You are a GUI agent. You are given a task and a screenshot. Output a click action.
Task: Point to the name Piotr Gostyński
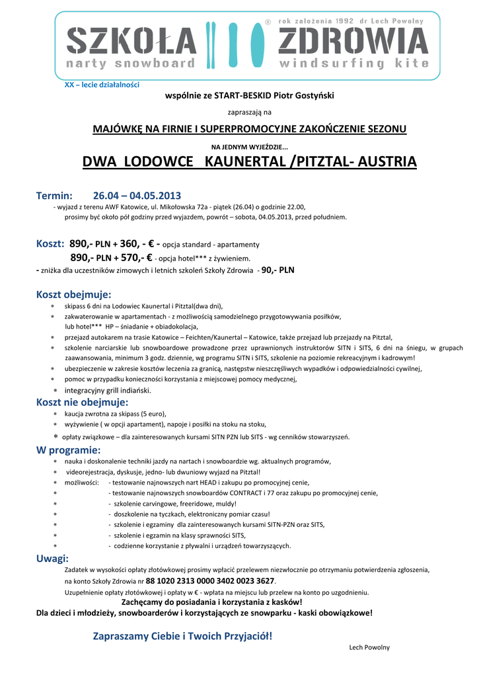point(305,95)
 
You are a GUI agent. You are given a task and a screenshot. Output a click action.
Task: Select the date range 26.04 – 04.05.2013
point(137,196)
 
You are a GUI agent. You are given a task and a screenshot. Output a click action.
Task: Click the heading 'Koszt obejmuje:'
point(73,294)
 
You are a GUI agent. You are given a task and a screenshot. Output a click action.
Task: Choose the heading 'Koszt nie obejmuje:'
point(82,402)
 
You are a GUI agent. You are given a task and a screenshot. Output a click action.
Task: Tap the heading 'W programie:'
point(68,450)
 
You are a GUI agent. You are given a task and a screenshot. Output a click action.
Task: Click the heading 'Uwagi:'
point(52,559)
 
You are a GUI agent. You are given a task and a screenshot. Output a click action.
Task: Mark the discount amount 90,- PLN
point(278,270)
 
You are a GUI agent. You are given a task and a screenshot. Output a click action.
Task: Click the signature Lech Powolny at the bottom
point(369,647)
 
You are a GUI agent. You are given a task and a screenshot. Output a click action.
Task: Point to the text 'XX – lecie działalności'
point(102,85)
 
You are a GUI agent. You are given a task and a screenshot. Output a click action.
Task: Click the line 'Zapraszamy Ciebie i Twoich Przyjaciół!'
point(182,636)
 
